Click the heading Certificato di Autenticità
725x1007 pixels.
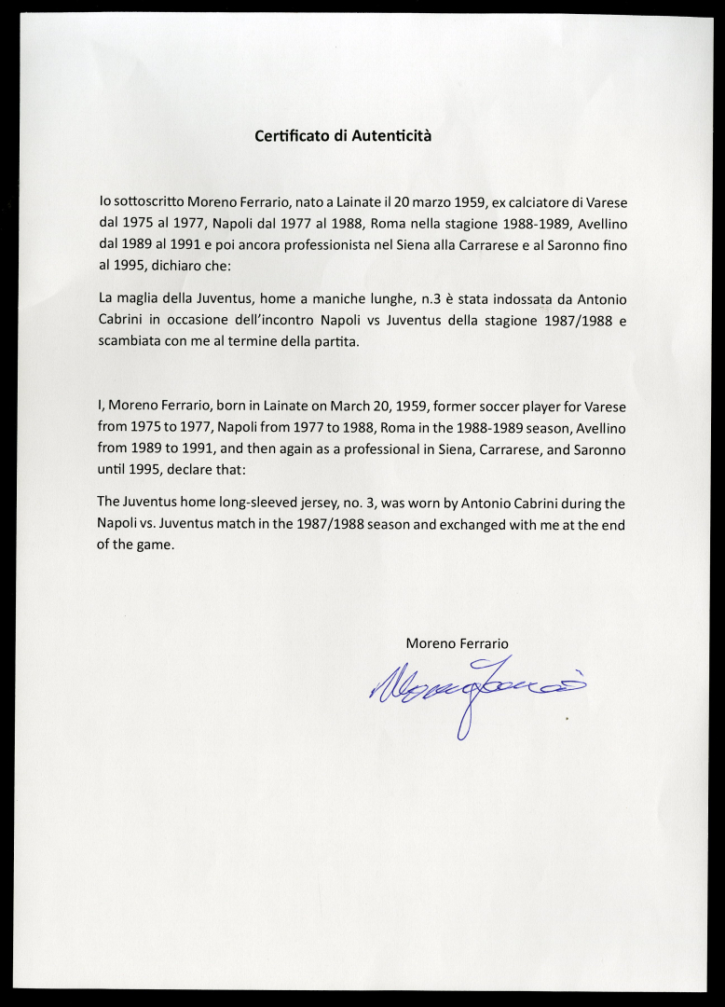tap(343, 136)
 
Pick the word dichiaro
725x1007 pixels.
tap(176, 266)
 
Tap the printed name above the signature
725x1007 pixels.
tap(457, 643)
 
